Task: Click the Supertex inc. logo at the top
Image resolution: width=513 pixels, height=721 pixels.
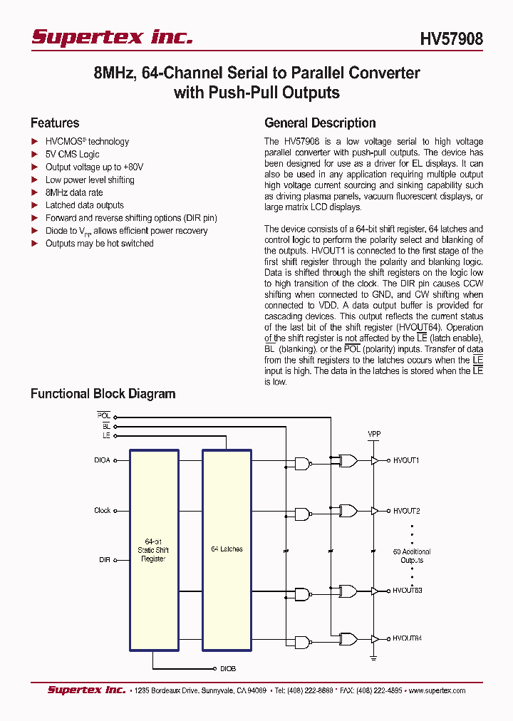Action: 112,37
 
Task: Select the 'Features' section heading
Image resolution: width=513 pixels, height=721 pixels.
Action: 55,123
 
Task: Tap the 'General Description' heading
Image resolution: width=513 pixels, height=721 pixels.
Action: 320,123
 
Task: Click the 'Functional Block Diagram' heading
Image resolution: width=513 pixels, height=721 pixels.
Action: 103,394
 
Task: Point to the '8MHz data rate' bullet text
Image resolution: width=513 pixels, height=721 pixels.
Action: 74,192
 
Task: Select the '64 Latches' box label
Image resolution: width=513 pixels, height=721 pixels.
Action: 227,549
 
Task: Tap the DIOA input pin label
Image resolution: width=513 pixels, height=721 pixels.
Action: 102,461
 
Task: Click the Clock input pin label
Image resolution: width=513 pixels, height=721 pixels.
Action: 103,511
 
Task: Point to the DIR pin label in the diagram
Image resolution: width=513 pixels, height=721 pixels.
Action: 104,561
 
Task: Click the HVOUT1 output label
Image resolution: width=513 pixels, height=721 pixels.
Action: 406,461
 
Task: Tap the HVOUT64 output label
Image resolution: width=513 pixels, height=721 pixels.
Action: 408,638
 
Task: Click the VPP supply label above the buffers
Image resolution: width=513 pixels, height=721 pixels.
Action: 374,433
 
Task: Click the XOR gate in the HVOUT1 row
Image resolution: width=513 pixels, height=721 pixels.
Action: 348,461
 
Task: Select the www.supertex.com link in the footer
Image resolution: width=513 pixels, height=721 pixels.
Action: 436,691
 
